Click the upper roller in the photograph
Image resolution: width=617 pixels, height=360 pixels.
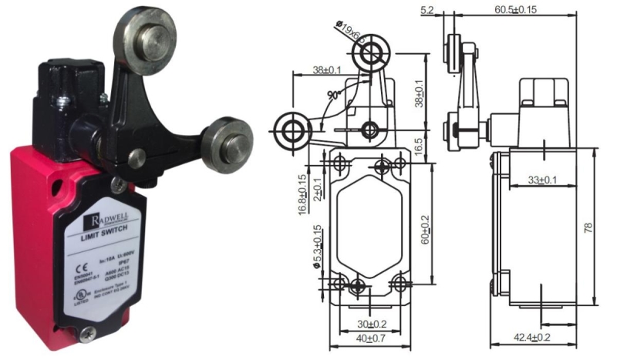click(143, 32)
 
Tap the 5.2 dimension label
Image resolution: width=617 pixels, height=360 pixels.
click(449, 10)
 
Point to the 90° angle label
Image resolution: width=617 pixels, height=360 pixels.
click(333, 96)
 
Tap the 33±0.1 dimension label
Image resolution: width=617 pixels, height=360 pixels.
click(542, 180)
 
